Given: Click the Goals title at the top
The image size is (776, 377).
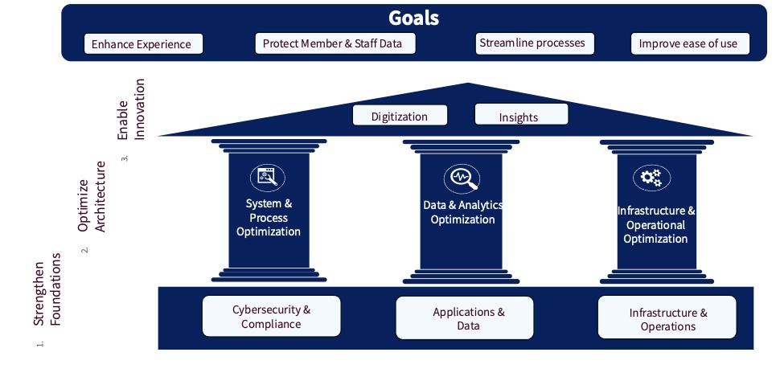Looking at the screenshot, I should click(x=413, y=18).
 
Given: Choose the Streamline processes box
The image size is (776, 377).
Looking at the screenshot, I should click(x=532, y=43).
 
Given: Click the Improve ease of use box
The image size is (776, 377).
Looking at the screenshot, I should click(x=688, y=43).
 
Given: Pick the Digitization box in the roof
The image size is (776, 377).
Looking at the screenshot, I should click(x=400, y=116).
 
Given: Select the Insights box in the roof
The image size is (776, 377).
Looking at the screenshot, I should click(x=519, y=116).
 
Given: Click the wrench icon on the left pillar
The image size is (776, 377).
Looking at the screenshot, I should click(x=268, y=177).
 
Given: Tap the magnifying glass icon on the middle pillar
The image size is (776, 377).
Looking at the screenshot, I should click(x=462, y=178).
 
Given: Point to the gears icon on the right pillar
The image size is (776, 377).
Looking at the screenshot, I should click(x=652, y=178).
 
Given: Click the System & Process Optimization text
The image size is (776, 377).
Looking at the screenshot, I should click(x=269, y=218).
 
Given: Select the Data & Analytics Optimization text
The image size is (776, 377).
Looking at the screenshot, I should click(x=462, y=212).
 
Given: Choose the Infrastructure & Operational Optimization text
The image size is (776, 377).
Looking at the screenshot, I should click(x=655, y=224).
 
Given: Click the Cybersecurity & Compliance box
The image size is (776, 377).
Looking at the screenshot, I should click(x=272, y=317).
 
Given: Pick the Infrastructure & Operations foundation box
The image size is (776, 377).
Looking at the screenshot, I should click(x=667, y=319).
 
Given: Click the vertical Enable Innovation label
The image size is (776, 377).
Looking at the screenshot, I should click(x=130, y=109).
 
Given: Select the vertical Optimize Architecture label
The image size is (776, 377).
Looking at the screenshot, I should click(x=91, y=197).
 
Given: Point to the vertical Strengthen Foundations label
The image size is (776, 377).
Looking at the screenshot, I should click(x=47, y=289).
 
